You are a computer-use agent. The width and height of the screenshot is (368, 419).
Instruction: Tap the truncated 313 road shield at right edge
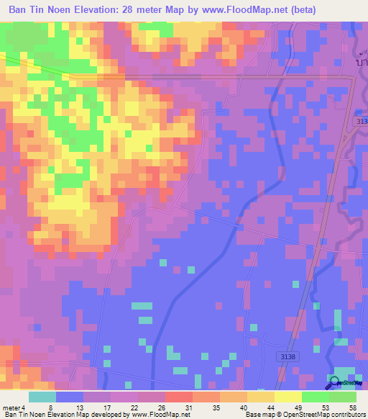click(362, 123)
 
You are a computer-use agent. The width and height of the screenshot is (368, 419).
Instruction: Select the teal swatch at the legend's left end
click(42, 397)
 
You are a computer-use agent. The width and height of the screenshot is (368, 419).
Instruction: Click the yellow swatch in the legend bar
click(287, 397)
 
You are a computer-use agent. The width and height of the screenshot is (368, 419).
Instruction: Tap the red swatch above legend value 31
click(179, 397)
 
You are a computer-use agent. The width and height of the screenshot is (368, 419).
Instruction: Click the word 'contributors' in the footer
click(349, 415)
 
